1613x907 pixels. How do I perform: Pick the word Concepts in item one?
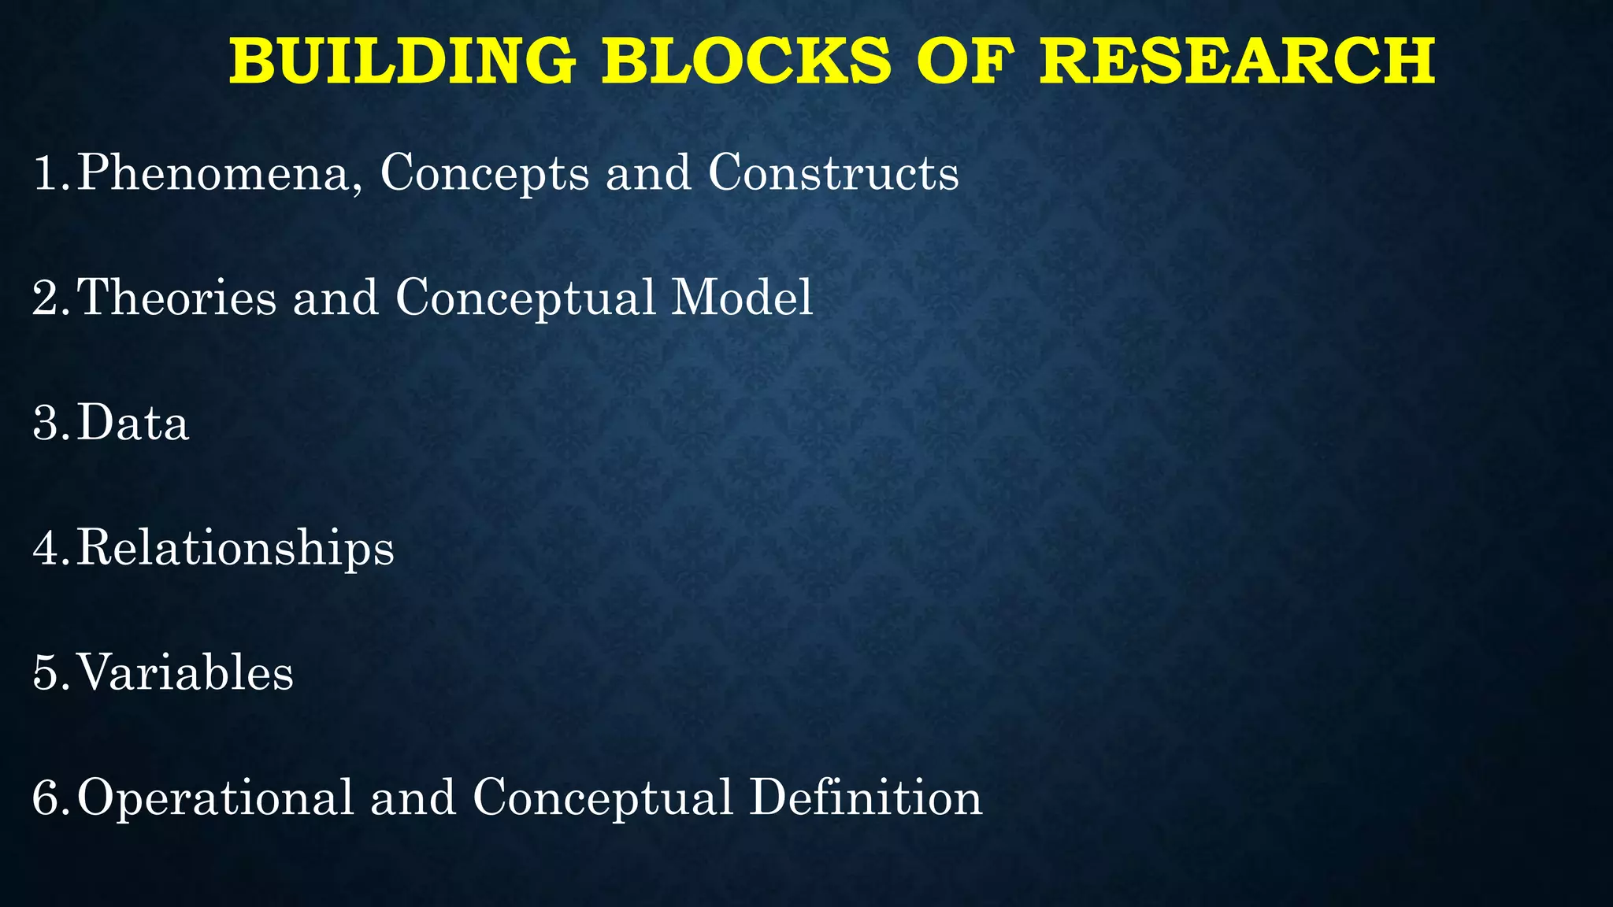tap(484, 173)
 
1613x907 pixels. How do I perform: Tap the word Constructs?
tap(833, 172)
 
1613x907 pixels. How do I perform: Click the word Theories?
tap(177, 298)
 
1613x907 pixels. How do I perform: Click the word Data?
tap(133, 423)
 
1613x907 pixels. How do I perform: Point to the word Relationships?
tap(235, 549)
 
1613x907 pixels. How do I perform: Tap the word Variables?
tap(185, 673)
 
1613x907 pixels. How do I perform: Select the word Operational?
tap(215, 799)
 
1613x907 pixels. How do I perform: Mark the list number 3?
tap(47, 423)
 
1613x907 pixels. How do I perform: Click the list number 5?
tap(47, 673)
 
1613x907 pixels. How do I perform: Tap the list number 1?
tap(47, 172)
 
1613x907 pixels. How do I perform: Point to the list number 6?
tap(47, 798)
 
